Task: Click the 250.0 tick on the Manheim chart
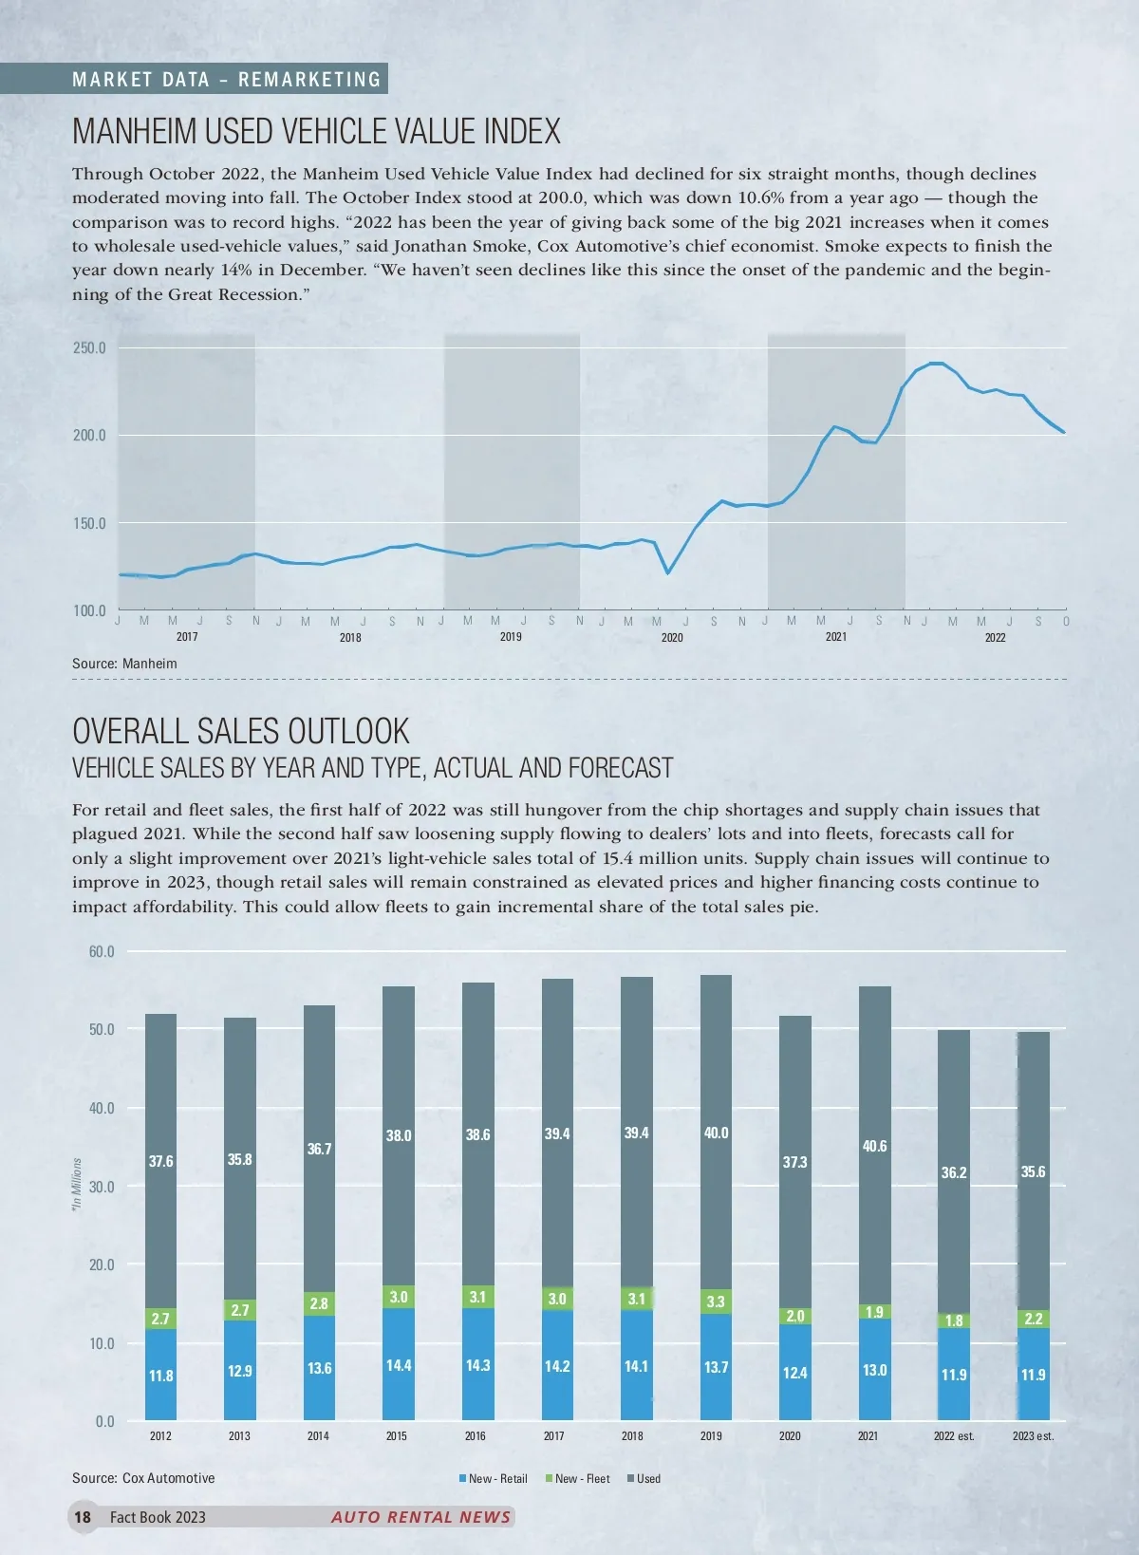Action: pos(89,348)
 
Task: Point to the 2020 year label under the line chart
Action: pos(672,637)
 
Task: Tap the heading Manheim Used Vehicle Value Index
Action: pos(316,131)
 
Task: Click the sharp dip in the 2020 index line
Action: pos(667,571)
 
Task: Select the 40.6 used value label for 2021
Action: pos(874,1147)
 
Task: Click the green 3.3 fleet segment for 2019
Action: pos(716,1302)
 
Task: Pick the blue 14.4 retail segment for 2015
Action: pos(399,1364)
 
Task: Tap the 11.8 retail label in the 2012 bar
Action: pos(161,1376)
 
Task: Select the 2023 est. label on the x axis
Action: pos(1033,1435)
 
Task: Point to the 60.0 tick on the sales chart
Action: pos(102,951)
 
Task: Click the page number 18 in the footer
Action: pos(83,1516)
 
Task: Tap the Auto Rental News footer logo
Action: pos(420,1516)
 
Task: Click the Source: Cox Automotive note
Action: pos(143,1478)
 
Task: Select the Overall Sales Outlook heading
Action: pos(241,731)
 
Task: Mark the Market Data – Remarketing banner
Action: pos(226,80)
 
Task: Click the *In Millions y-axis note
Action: pos(78,1183)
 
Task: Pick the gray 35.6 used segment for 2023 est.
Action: pos(1033,1171)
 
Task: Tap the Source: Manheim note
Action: pos(124,664)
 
